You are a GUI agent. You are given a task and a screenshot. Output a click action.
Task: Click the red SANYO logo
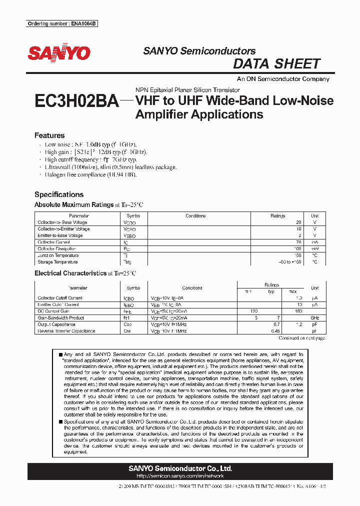click(59, 53)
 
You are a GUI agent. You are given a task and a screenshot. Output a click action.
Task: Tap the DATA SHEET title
click(276, 64)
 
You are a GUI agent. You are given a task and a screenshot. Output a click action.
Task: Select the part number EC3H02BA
click(76, 101)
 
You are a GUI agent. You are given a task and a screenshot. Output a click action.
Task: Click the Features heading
click(49, 135)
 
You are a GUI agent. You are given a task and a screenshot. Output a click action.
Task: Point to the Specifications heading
click(59, 194)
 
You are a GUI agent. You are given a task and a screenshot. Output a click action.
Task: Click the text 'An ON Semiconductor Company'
click(283, 79)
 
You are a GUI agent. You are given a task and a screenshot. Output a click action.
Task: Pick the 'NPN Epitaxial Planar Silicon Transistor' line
click(187, 90)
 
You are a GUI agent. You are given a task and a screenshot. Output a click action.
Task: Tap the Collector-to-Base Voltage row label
click(62, 222)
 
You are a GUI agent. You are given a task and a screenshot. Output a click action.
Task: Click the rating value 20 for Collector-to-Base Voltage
click(298, 222)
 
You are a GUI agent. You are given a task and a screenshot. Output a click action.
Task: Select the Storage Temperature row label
click(57, 262)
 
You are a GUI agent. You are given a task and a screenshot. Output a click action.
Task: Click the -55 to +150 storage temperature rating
click(290, 262)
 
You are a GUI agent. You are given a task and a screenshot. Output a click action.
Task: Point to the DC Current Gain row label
click(53, 311)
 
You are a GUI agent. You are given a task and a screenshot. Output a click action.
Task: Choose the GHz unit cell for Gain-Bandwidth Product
click(314, 318)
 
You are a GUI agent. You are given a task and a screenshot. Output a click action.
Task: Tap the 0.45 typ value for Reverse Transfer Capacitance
click(274, 331)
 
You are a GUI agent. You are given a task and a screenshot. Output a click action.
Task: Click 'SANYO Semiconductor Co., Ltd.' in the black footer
click(180, 468)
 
